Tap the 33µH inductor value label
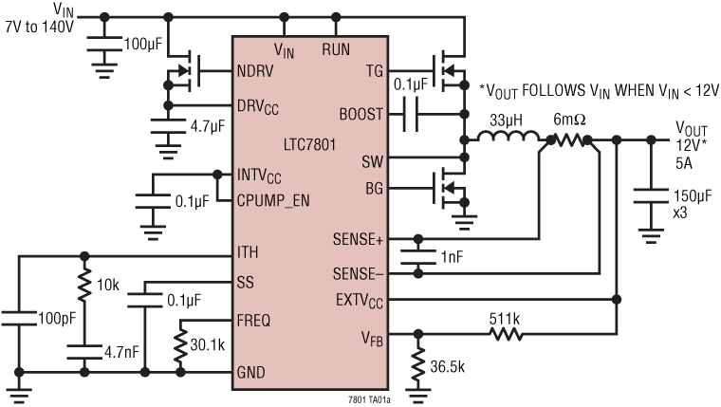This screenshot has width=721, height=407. [505, 120]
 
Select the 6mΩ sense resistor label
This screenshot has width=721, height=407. [569, 120]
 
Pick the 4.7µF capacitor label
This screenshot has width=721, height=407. [204, 123]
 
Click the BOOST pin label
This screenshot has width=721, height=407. [361, 114]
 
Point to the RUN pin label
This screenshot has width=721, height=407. [337, 47]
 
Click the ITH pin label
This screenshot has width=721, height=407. [247, 252]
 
